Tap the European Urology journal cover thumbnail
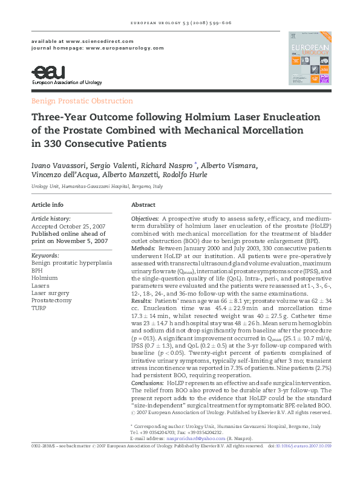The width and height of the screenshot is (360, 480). point(309,58)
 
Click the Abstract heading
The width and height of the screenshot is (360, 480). point(143,205)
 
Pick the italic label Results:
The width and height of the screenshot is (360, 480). point(142,283)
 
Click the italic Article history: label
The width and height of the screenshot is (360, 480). point(51,218)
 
